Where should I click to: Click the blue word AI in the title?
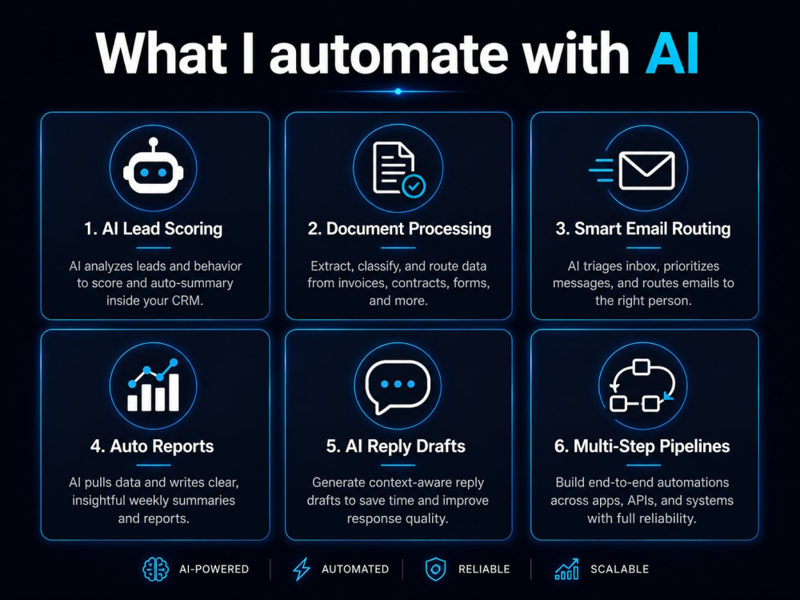[x=672, y=54]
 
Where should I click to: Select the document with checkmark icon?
[x=398, y=170]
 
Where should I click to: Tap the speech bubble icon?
[x=398, y=386]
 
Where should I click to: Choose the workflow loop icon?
[x=642, y=386]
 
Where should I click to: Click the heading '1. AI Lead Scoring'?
[x=153, y=229]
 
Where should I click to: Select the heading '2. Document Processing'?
[x=399, y=229]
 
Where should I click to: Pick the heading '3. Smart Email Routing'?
[x=643, y=229]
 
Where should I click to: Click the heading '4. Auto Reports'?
[x=152, y=446]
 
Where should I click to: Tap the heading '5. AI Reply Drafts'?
[x=395, y=446]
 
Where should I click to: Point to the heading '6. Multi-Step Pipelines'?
[x=642, y=446]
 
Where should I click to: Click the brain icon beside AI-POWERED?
[x=156, y=569]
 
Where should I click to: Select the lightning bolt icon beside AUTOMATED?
[x=302, y=569]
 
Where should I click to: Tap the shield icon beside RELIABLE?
[x=435, y=569]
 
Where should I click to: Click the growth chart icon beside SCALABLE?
[x=567, y=569]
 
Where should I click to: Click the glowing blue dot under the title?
[x=398, y=91]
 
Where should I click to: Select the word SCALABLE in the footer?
[x=619, y=569]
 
